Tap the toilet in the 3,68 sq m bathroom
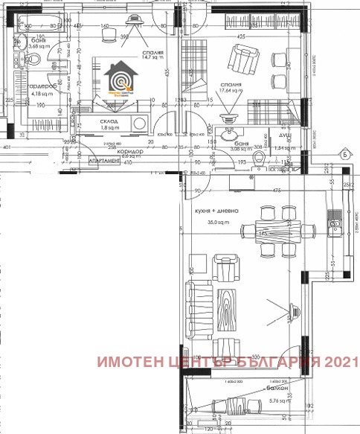pyautogui.click(x=22, y=43)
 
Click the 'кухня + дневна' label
pyautogui.click(x=217, y=211)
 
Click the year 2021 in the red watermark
pyautogui.click(x=340, y=363)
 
